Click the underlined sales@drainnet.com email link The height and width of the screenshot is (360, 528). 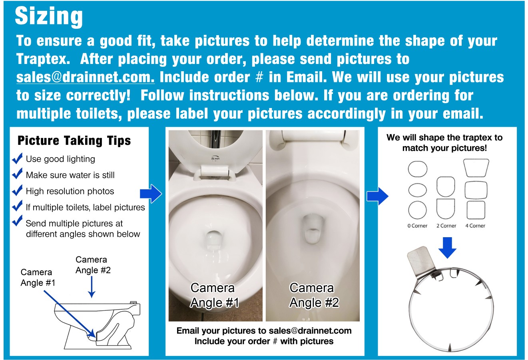pos(85,77)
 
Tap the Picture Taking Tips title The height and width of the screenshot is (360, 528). pos(74,141)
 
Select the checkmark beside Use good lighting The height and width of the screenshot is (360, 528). pos(17,159)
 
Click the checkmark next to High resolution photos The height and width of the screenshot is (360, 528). pos(17,191)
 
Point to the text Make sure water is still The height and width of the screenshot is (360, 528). pos(70,175)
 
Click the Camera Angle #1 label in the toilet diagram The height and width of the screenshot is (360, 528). pos(38,278)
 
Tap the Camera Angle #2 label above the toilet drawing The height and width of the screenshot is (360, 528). pos(93,265)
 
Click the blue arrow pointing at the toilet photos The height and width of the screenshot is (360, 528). pos(151,194)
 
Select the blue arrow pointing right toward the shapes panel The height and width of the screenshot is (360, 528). pos(377,196)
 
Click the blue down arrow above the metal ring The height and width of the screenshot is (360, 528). pos(447,248)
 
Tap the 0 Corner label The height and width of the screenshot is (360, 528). pos(417,226)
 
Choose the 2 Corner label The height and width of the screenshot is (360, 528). pos(446,226)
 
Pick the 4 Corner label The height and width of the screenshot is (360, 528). pos(475,226)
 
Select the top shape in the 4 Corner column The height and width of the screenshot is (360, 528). pos(476,168)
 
